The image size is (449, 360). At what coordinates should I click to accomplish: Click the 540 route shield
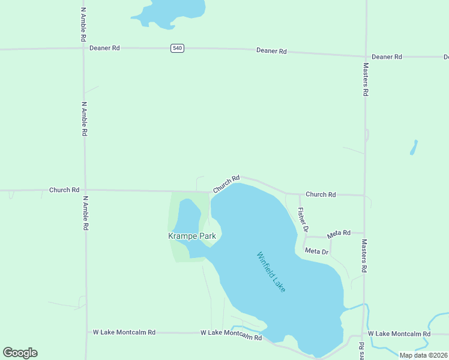(x=176, y=48)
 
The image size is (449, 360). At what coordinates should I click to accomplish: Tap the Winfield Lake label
(x=271, y=272)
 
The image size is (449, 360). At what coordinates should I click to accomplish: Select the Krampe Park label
(x=191, y=236)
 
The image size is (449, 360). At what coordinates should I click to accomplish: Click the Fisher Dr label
(x=303, y=220)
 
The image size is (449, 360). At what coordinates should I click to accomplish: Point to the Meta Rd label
(x=338, y=233)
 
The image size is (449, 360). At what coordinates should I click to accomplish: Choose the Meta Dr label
(x=317, y=251)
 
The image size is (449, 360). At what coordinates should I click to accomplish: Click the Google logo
(x=20, y=353)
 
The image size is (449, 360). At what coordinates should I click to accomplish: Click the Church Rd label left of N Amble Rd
(x=64, y=190)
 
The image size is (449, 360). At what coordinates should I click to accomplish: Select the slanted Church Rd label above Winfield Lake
(x=226, y=184)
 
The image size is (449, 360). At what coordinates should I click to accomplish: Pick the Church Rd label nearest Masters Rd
(x=321, y=194)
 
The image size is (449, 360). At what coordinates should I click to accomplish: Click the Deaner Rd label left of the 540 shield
(x=104, y=47)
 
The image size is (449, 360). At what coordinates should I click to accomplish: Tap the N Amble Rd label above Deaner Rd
(x=83, y=24)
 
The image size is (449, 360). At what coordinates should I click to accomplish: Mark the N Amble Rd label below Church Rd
(x=86, y=213)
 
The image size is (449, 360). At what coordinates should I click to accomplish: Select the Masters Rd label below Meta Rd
(x=364, y=256)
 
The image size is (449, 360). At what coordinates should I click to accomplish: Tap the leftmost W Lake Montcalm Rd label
(x=124, y=332)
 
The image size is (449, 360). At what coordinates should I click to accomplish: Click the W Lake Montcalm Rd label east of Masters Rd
(x=399, y=334)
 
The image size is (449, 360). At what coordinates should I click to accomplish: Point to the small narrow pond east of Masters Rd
(x=414, y=148)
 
